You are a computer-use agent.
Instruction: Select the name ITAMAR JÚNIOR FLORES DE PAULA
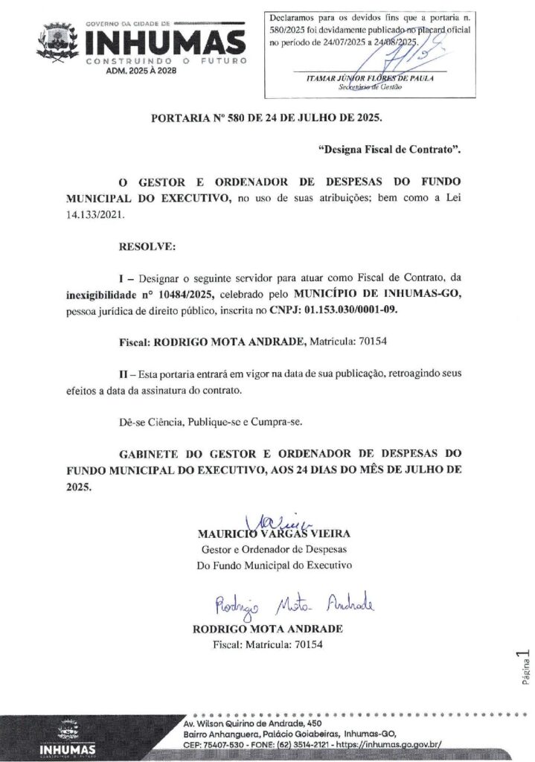(x=370, y=77)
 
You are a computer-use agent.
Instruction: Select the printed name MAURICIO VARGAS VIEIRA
(x=273, y=534)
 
